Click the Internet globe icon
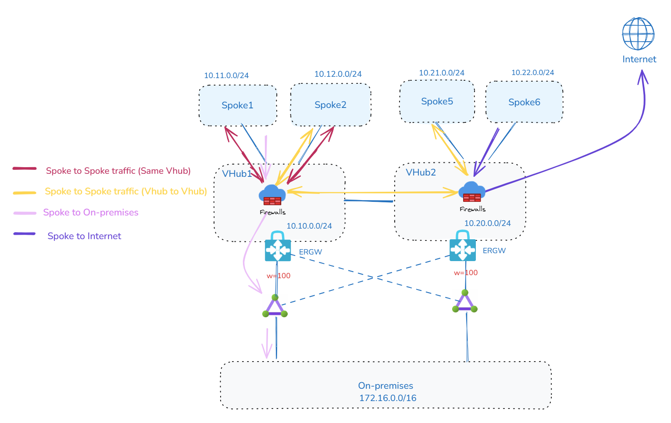pos(638,34)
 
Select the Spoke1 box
pos(238,105)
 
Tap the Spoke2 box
pos(331,105)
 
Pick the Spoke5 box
pos(437,101)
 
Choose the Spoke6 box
pos(524,102)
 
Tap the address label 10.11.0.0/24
pos(226,75)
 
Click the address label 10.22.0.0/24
pos(532,72)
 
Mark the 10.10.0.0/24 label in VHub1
pos(309,226)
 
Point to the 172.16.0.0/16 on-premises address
pos(388,398)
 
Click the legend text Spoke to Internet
pos(84,236)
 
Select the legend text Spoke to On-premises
pos(91,212)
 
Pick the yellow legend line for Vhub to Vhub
pos(25,192)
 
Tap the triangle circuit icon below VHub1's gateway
pos(275,307)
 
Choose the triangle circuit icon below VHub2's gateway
pos(464,302)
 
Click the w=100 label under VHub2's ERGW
pos(466,272)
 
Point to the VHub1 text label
pos(237,174)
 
